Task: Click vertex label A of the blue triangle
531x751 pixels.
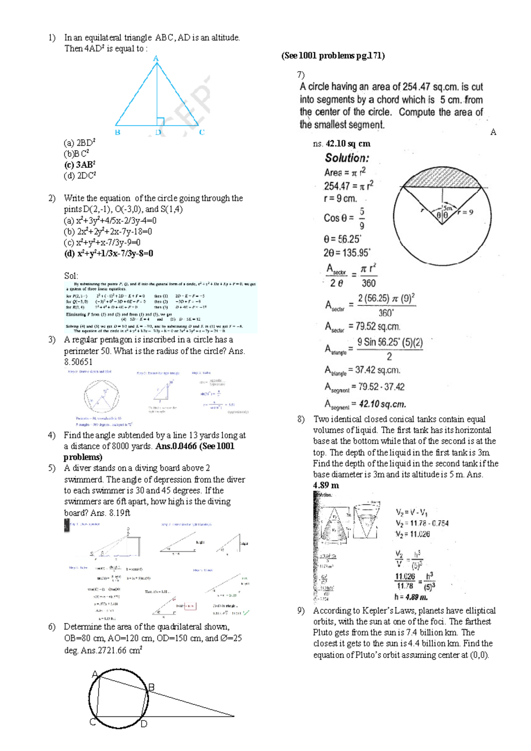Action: [x=156, y=58]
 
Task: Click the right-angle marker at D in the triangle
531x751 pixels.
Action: [x=160, y=121]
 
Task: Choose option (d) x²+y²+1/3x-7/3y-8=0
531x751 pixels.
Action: [x=109, y=254]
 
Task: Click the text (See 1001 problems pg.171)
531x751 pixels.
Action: [x=333, y=56]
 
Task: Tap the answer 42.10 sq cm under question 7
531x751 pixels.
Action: [x=348, y=144]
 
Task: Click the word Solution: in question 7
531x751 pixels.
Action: [x=347, y=158]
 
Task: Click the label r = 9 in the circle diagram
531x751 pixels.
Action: [x=466, y=212]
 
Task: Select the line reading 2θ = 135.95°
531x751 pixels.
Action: [x=346, y=253]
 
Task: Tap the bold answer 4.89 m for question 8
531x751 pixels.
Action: [x=326, y=485]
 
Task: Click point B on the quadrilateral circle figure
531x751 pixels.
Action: [x=151, y=687]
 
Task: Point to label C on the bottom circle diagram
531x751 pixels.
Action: [x=93, y=722]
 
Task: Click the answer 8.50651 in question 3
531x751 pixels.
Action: [x=78, y=362]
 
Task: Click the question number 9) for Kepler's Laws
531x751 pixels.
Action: [x=301, y=611]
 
